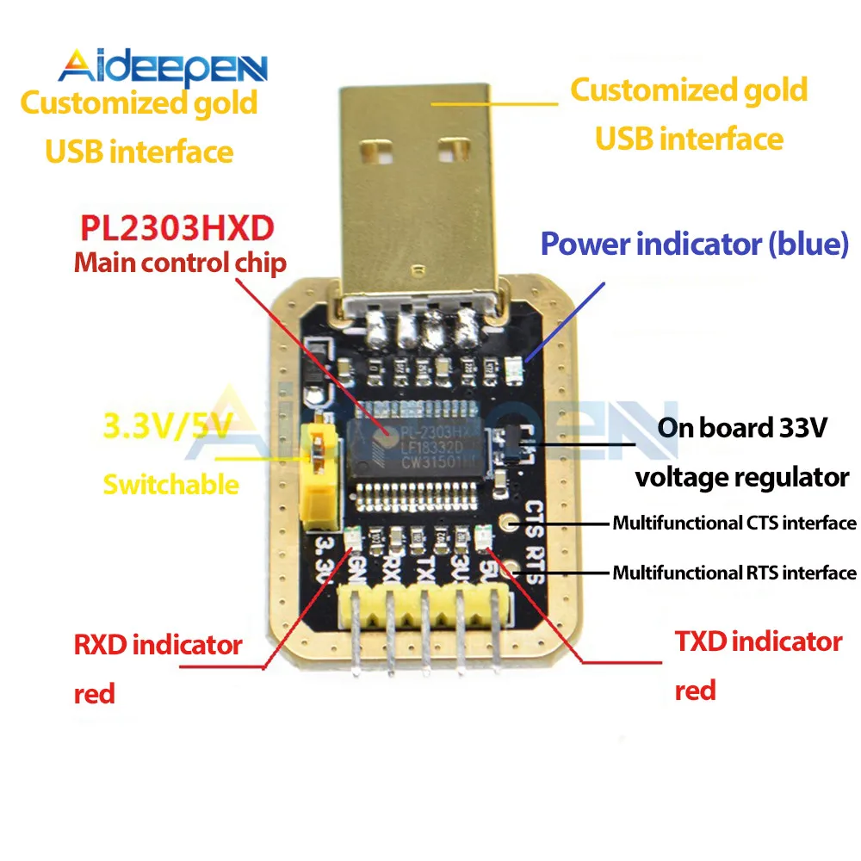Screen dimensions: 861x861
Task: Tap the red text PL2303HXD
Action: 177,228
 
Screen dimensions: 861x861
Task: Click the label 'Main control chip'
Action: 179,263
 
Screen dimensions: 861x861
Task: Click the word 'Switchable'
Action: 170,484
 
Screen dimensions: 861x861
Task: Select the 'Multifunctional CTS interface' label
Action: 734,523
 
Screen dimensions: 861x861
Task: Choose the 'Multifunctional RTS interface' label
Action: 734,573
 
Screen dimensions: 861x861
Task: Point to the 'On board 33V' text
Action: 741,428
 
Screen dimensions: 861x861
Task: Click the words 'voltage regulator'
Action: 742,476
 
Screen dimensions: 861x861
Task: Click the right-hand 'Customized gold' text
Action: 689,90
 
